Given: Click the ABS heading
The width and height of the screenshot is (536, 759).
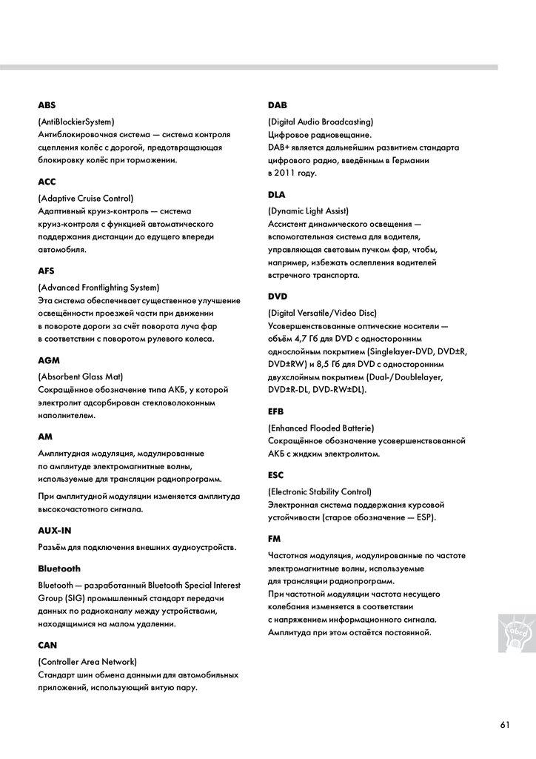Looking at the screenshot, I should point(47,105).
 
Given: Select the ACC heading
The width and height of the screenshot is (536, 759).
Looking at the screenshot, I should point(47,182).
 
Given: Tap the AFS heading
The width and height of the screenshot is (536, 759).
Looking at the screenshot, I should point(46,271).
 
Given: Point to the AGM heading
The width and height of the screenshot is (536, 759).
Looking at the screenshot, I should point(48,359).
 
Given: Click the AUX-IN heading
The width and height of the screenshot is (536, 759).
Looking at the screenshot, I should point(55,531).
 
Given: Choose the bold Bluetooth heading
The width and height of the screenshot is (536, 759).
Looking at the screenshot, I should point(59,569).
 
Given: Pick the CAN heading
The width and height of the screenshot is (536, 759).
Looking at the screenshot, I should point(47,645).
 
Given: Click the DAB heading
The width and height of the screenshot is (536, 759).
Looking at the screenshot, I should point(277,105).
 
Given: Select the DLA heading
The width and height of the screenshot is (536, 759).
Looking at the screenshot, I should point(277,194).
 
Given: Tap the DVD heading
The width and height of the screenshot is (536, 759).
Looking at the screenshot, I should point(278,296).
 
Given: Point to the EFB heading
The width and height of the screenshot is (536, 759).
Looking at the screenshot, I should point(275,411).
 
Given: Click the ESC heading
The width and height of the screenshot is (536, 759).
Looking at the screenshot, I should point(275,475).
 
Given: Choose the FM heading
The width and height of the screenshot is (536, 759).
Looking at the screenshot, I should point(273,538).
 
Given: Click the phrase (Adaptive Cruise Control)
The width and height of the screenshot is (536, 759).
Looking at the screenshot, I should point(85,198).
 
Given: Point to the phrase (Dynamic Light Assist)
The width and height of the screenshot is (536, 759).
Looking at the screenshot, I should point(308,211).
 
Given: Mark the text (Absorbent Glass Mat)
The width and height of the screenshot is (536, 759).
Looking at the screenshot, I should point(80,376).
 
